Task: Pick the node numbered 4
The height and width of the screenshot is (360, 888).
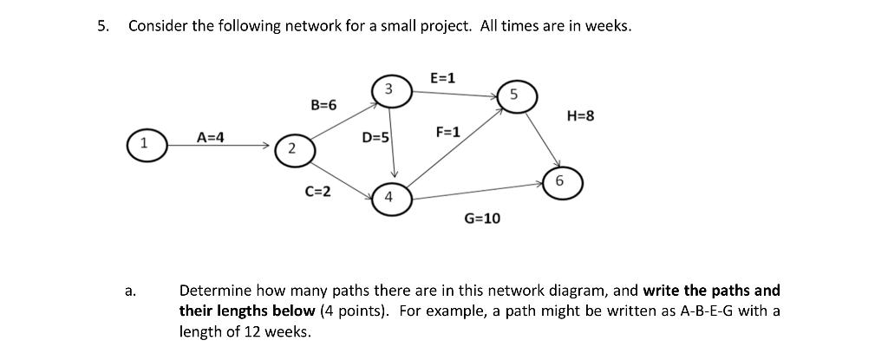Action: pyautogui.click(x=389, y=196)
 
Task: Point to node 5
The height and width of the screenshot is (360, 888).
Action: pyautogui.click(x=514, y=95)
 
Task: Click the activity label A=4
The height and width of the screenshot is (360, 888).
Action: pyautogui.click(x=210, y=137)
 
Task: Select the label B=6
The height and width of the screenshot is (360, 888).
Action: pyautogui.click(x=323, y=105)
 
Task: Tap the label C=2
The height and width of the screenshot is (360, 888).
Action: pyautogui.click(x=317, y=191)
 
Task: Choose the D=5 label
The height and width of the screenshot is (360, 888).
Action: pyautogui.click(x=375, y=138)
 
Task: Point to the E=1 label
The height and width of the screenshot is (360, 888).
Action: pyautogui.click(x=442, y=79)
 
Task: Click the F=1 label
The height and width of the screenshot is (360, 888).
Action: pyautogui.click(x=448, y=133)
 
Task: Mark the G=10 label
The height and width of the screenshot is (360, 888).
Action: pyautogui.click(x=482, y=219)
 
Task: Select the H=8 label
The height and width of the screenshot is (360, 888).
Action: pyautogui.click(x=580, y=115)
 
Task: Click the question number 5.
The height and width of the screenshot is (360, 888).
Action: pyautogui.click(x=103, y=26)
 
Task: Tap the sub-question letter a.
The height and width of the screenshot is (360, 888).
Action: pyautogui.click(x=130, y=291)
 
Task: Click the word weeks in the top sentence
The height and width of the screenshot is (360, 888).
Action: pyautogui.click(x=607, y=26)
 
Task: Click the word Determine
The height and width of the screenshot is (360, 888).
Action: pyautogui.click(x=213, y=291)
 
